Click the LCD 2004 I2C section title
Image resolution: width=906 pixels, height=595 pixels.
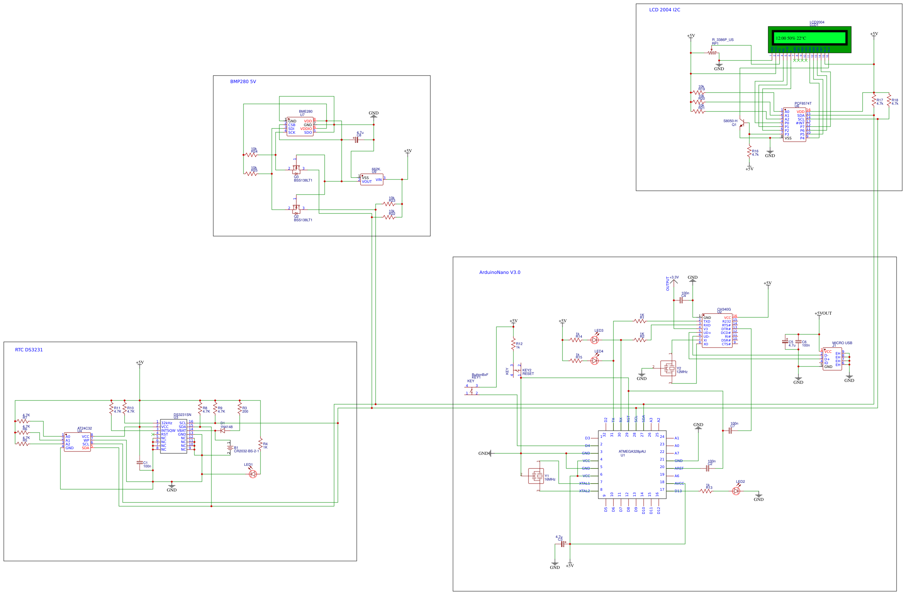click(664, 10)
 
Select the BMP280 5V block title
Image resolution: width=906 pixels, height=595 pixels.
click(243, 82)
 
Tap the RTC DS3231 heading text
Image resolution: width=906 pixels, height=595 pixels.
click(29, 350)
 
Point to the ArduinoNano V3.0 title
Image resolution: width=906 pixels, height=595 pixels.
click(499, 272)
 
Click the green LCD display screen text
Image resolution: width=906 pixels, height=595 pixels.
click(790, 38)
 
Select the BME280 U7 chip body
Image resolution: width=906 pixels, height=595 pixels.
click(300, 127)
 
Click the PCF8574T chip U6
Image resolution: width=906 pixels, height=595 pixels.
click(794, 125)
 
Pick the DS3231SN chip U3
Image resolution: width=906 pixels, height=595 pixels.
click(174, 436)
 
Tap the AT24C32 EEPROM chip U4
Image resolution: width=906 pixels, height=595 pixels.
click(77, 442)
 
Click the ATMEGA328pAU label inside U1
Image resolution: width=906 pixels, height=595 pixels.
click(632, 451)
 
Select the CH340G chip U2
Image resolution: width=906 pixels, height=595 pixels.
click(717, 331)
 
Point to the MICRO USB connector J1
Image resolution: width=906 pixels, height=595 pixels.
click(832, 359)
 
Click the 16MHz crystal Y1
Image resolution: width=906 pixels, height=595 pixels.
click(536, 476)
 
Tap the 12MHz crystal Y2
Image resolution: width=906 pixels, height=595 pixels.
click(668, 368)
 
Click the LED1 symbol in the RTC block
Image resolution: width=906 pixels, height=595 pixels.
click(253, 474)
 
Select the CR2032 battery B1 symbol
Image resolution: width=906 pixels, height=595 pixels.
click(230, 448)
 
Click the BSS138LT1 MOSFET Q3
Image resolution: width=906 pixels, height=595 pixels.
click(296, 169)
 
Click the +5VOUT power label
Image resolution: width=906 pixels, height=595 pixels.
click(823, 313)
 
